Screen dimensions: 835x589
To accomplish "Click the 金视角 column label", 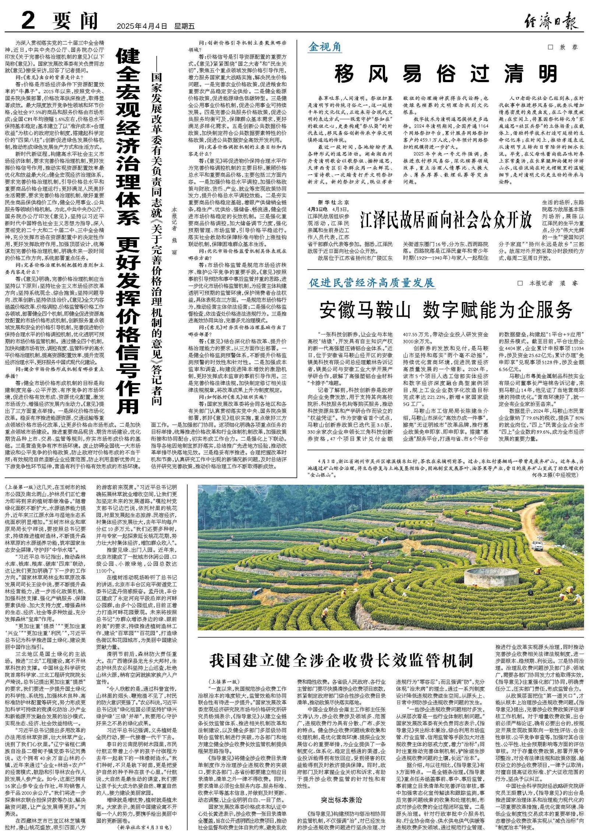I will point(325,47).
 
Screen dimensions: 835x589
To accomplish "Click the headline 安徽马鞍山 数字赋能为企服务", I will point(446,310).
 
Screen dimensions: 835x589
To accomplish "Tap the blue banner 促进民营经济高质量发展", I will point(372,283).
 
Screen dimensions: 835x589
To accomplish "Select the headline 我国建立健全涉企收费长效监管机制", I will point(341,660).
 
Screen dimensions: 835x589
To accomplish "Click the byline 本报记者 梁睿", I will point(552,283).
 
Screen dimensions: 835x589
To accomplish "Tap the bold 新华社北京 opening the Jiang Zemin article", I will point(334,203).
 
